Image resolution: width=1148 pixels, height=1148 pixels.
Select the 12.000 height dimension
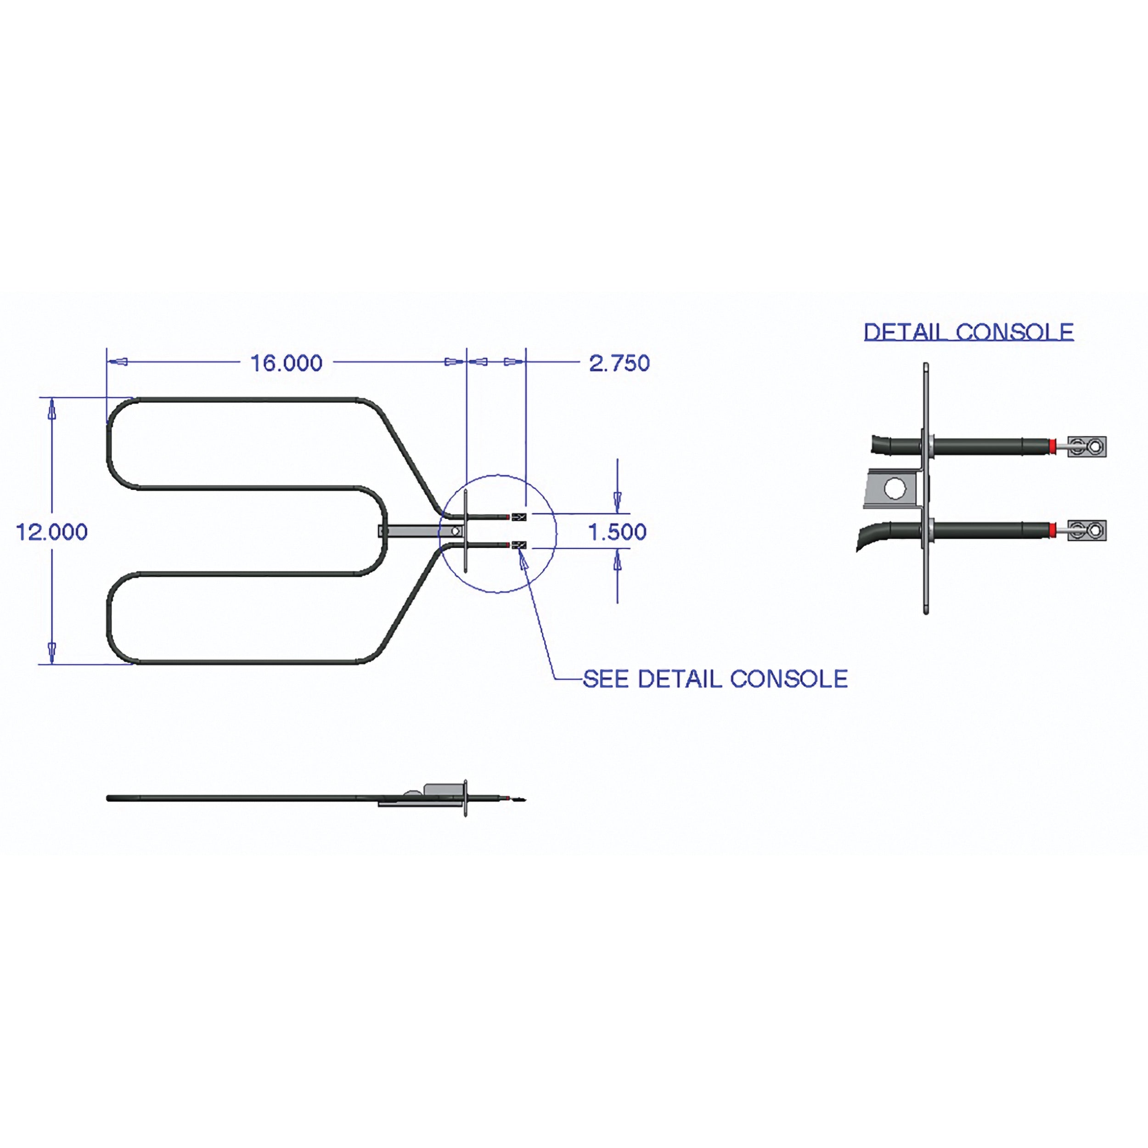point(52,532)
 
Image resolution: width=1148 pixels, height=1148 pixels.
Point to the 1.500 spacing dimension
point(617,532)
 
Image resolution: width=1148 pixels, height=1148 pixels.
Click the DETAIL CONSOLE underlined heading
point(968,332)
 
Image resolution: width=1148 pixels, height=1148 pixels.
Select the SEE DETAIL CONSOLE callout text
point(715,679)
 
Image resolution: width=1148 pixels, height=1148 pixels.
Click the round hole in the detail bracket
point(895,489)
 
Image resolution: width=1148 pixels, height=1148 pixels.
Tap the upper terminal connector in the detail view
point(1087,446)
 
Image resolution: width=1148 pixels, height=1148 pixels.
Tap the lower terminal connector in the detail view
point(1087,530)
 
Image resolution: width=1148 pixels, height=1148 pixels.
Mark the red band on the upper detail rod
point(1053,446)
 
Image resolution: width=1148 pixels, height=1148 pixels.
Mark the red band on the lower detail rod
point(1053,530)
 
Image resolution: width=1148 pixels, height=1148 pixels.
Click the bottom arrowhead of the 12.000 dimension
point(52,653)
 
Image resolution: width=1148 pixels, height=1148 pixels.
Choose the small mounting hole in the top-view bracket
point(455,531)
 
